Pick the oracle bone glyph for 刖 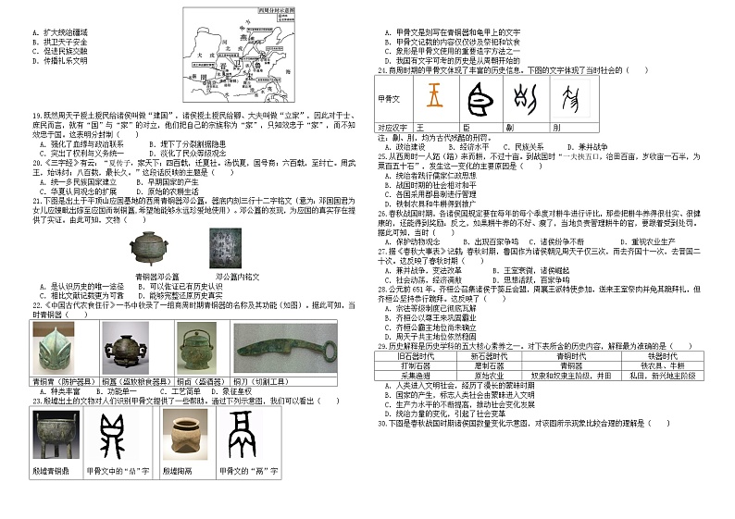click(576, 96)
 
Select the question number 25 click(381, 156)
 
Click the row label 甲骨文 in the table click(390, 97)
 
